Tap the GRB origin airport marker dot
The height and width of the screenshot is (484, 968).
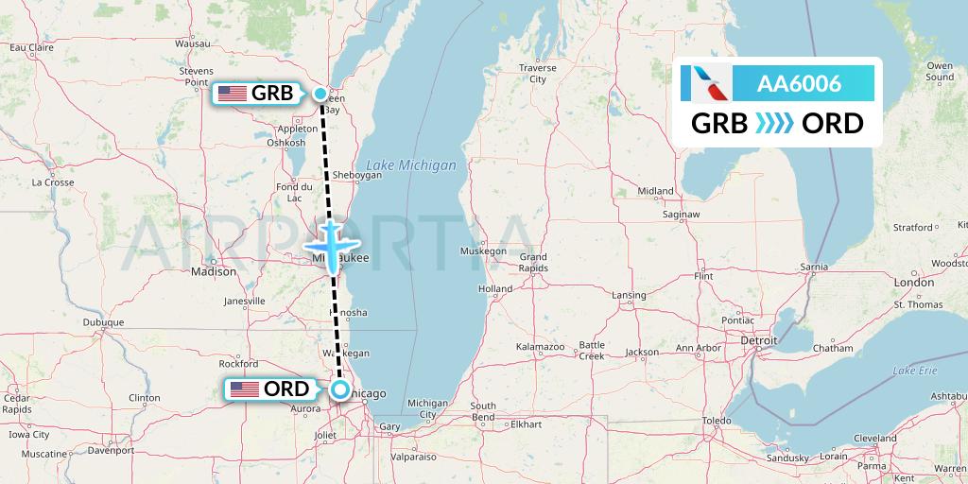[321, 93]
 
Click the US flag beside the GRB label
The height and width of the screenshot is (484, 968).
[232, 93]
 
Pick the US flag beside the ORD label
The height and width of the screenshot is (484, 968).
[245, 389]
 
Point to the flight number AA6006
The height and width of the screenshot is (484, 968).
[799, 84]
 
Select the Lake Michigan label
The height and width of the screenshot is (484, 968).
[410, 165]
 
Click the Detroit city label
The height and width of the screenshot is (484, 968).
[758, 339]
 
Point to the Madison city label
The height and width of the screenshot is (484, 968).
[214, 271]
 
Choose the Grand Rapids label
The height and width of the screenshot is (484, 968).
[533, 262]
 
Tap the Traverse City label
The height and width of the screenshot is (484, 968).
[537, 74]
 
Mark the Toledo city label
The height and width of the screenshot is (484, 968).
[717, 420]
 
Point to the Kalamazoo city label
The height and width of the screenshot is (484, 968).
[540, 348]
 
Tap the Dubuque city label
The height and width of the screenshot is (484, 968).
[103, 321]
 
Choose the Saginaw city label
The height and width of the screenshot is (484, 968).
[680, 215]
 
